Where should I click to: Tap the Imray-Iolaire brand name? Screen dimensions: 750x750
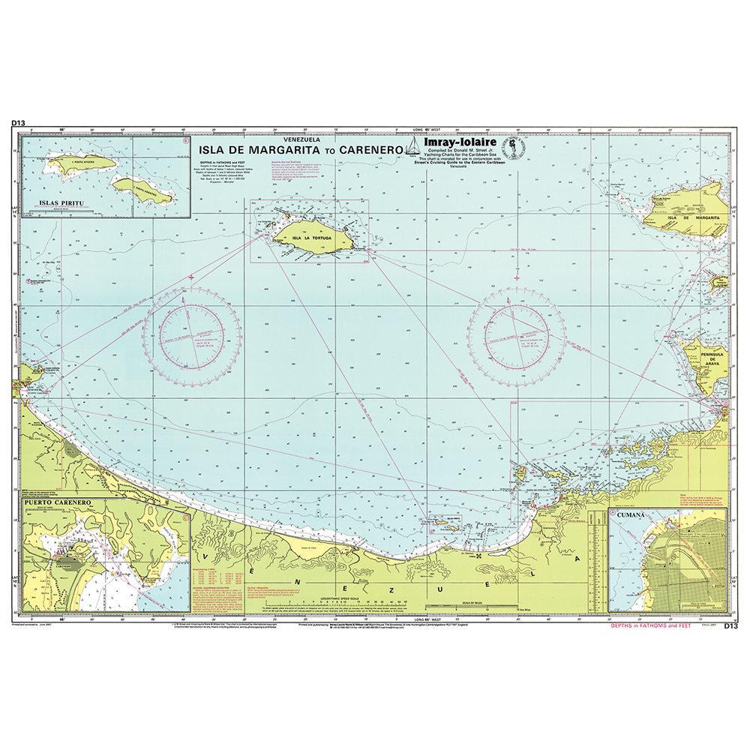[457, 142]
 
